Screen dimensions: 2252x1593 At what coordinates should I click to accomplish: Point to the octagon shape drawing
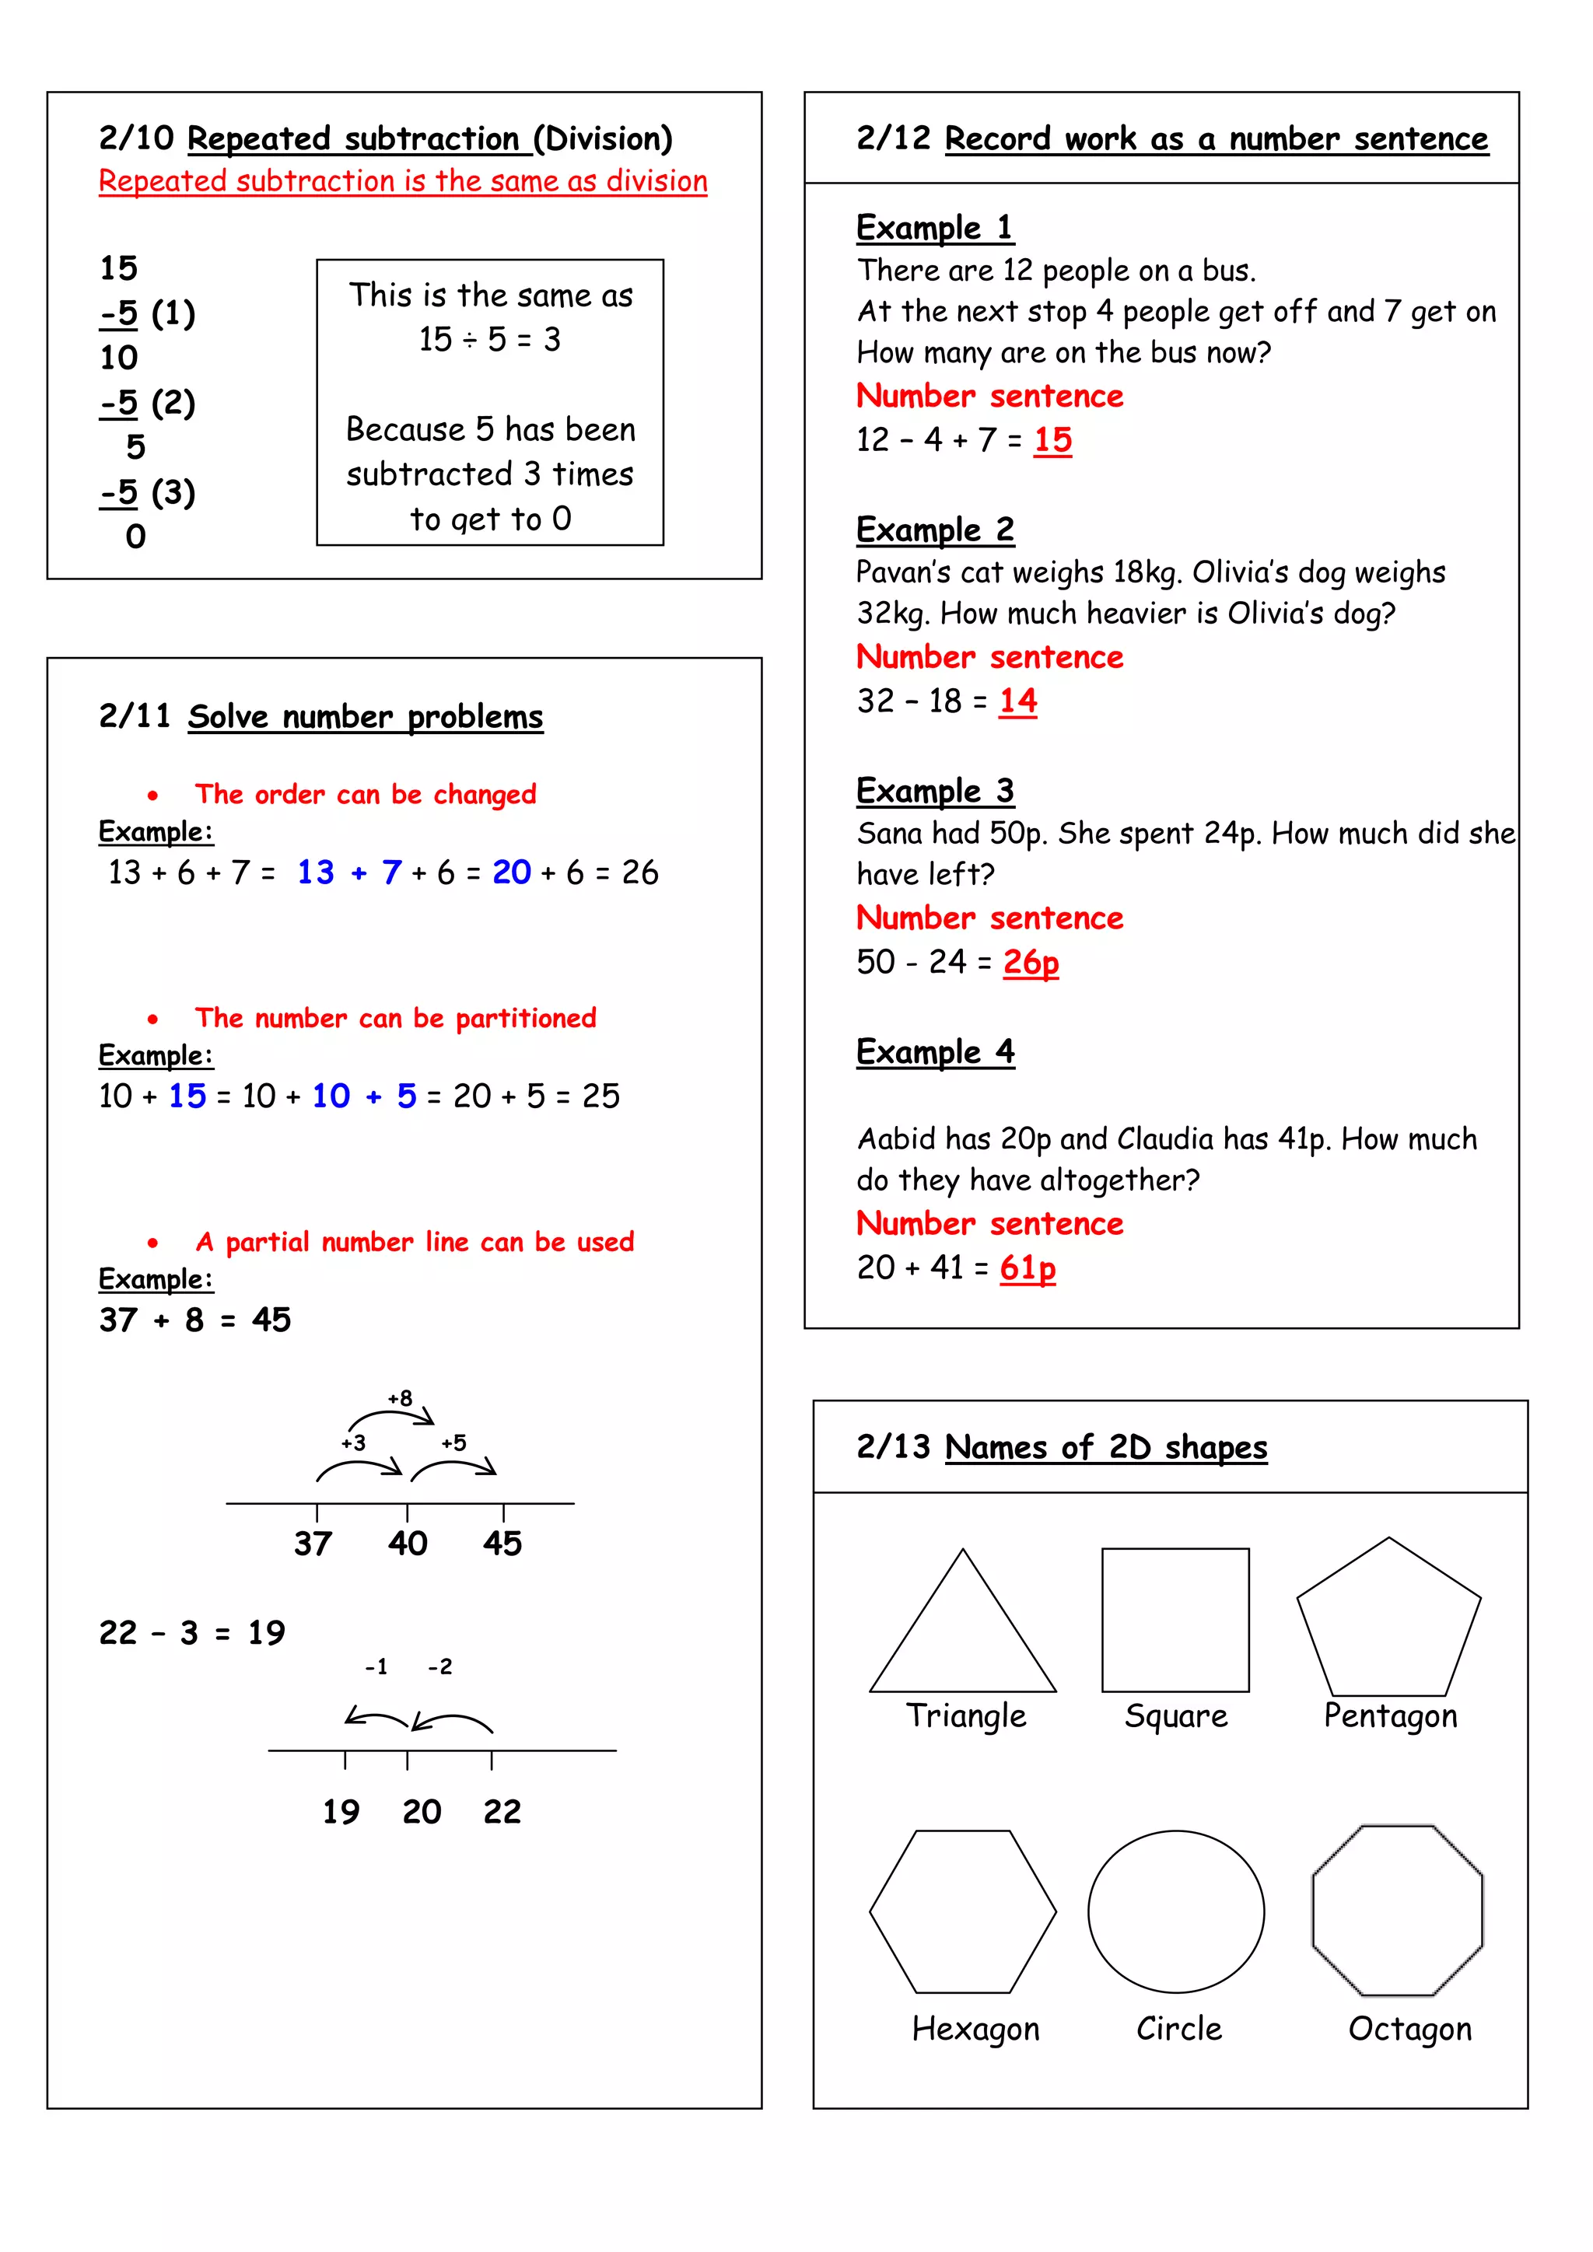click(x=1398, y=1910)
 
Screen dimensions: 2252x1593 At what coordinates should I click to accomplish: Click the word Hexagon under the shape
click(x=975, y=2028)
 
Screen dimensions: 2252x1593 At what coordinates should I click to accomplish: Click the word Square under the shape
click(x=1175, y=1715)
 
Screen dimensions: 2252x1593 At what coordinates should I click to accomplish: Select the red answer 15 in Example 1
click(x=1052, y=439)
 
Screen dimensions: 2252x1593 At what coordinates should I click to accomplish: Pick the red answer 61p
click(x=1027, y=1268)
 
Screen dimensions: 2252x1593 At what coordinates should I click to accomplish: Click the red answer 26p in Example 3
click(x=1030, y=962)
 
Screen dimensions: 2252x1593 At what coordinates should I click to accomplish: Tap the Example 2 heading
click(x=935, y=530)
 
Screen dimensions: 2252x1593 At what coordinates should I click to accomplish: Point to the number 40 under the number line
click(x=407, y=1544)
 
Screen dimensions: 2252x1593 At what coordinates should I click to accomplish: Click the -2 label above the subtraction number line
click(x=439, y=1666)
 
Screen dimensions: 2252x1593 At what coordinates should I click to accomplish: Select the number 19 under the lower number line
click(x=341, y=1812)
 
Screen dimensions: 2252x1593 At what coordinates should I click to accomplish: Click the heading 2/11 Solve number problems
click(x=320, y=716)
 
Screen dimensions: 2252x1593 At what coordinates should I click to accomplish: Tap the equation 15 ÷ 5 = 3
click(x=489, y=339)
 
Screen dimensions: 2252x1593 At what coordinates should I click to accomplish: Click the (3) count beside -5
click(x=173, y=491)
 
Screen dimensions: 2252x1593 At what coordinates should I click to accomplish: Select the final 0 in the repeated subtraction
click(x=135, y=537)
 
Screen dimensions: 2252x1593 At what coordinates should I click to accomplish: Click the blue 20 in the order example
click(x=511, y=872)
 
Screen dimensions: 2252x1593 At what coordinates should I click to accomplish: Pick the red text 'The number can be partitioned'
click(x=394, y=1018)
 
